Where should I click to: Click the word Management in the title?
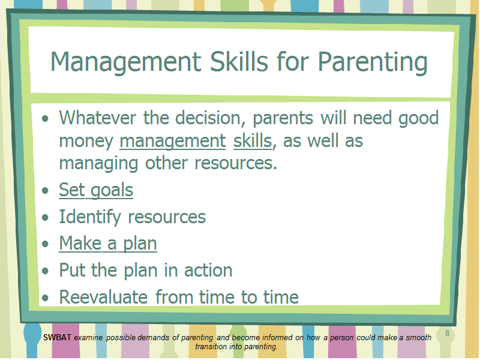[126, 63]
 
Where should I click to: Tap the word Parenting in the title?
[373, 63]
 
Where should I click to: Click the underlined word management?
[173, 142]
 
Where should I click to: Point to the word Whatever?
[98, 118]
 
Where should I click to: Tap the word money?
[86, 142]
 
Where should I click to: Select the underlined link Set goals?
[96, 190]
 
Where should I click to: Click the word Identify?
[90, 217]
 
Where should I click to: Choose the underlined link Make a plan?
[108, 244]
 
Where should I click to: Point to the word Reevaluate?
[103, 297]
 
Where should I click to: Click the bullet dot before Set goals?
[46, 190]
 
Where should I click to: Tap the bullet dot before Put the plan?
[46, 271]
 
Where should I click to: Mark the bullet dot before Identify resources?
[46, 217]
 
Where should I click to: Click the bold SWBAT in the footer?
[57, 337]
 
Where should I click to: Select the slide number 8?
[447, 333]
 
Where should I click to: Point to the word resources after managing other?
[236, 163]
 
